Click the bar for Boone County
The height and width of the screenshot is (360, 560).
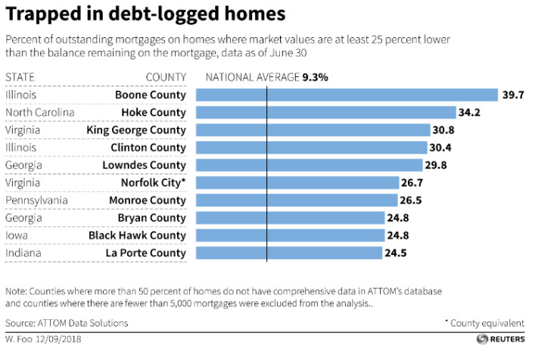tap(347, 95)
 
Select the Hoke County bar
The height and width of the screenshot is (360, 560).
tap(325, 113)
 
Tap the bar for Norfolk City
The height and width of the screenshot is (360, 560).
tap(297, 182)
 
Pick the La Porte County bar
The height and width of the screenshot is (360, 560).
tap(288, 253)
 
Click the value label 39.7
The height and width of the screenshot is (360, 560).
tap(513, 95)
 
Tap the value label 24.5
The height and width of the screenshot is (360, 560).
tap(396, 253)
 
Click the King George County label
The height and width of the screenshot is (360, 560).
tap(137, 130)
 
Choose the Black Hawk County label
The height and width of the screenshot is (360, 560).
tap(137, 235)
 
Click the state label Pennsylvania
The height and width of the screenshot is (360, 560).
tap(36, 200)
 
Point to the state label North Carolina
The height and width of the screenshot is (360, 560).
tap(39, 113)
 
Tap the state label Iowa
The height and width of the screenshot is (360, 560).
tap(17, 235)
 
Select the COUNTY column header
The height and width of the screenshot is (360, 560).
tap(166, 77)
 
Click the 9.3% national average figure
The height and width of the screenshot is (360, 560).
tap(315, 77)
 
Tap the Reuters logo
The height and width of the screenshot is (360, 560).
tap(502, 340)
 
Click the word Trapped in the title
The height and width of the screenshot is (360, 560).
tap(41, 14)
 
